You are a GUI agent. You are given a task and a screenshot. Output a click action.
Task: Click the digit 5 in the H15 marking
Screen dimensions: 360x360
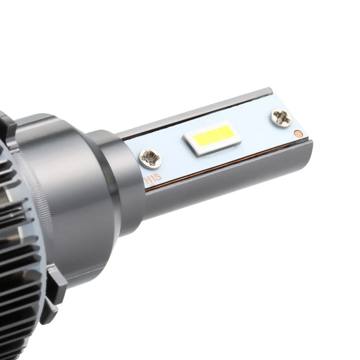[x=159, y=178]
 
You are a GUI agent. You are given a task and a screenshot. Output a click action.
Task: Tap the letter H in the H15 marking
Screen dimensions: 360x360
[x=149, y=180]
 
